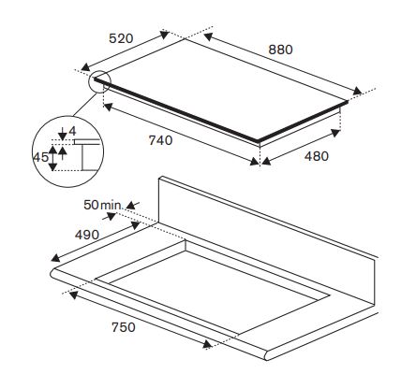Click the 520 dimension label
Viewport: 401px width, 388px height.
[121, 38]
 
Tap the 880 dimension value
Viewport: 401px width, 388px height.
[280, 50]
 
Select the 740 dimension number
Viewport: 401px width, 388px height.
[160, 140]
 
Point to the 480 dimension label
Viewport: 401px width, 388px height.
[317, 156]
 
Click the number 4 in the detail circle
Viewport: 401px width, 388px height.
[72, 131]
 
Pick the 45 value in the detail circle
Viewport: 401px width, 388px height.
[40, 157]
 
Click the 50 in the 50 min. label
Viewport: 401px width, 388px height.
[91, 205]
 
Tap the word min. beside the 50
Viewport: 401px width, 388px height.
[111, 206]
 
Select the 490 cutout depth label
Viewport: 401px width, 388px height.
[87, 235]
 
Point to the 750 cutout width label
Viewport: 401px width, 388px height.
[124, 327]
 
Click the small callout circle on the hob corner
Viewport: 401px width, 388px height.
[100, 81]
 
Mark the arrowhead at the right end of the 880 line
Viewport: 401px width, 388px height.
[357, 91]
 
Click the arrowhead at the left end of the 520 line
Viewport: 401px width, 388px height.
[85, 66]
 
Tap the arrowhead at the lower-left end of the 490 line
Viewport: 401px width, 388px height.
[55, 257]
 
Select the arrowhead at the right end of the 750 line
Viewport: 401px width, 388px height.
[207, 344]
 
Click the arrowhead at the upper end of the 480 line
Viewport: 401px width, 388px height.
[335, 133]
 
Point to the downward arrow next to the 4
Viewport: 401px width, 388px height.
[63, 134]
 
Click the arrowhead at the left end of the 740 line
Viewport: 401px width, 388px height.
[108, 107]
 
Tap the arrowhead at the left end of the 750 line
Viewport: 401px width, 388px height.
[73, 295]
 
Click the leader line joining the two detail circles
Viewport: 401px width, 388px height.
[84, 105]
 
